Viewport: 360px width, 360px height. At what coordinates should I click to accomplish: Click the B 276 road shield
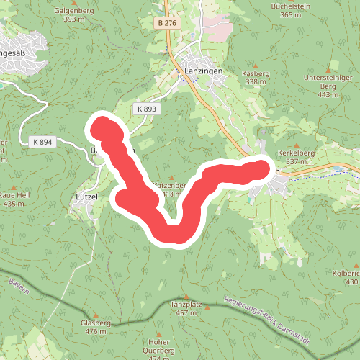(166, 24)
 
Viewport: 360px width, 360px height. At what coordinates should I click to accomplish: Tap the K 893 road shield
(145, 108)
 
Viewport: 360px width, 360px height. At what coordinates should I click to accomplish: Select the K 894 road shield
(42, 142)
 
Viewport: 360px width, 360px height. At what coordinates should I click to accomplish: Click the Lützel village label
(86, 195)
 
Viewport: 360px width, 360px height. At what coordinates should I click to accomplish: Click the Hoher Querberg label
(158, 346)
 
